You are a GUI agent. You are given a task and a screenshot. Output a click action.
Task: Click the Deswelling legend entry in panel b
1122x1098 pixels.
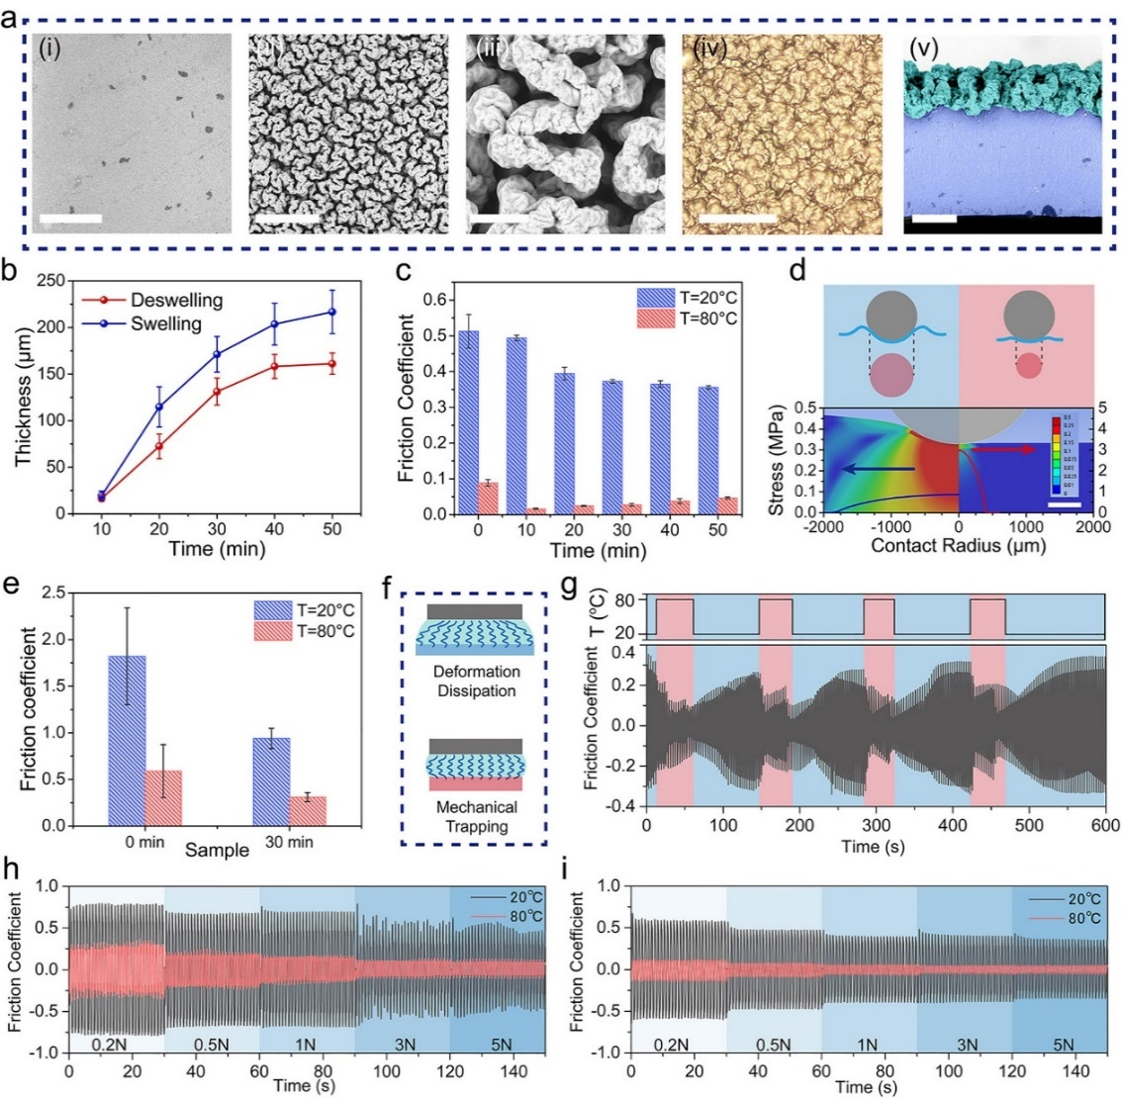pyautogui.click(x=176, y=300)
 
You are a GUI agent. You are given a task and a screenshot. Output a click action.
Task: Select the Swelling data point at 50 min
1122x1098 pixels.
pyautogui.click(x=331, y=313)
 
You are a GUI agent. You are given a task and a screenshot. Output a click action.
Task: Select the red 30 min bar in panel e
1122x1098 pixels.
pyautogui.click(x=307, y=811)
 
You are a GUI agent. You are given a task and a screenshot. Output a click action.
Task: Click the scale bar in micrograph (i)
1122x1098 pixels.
pyautogui.click(x=71, y=218)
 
